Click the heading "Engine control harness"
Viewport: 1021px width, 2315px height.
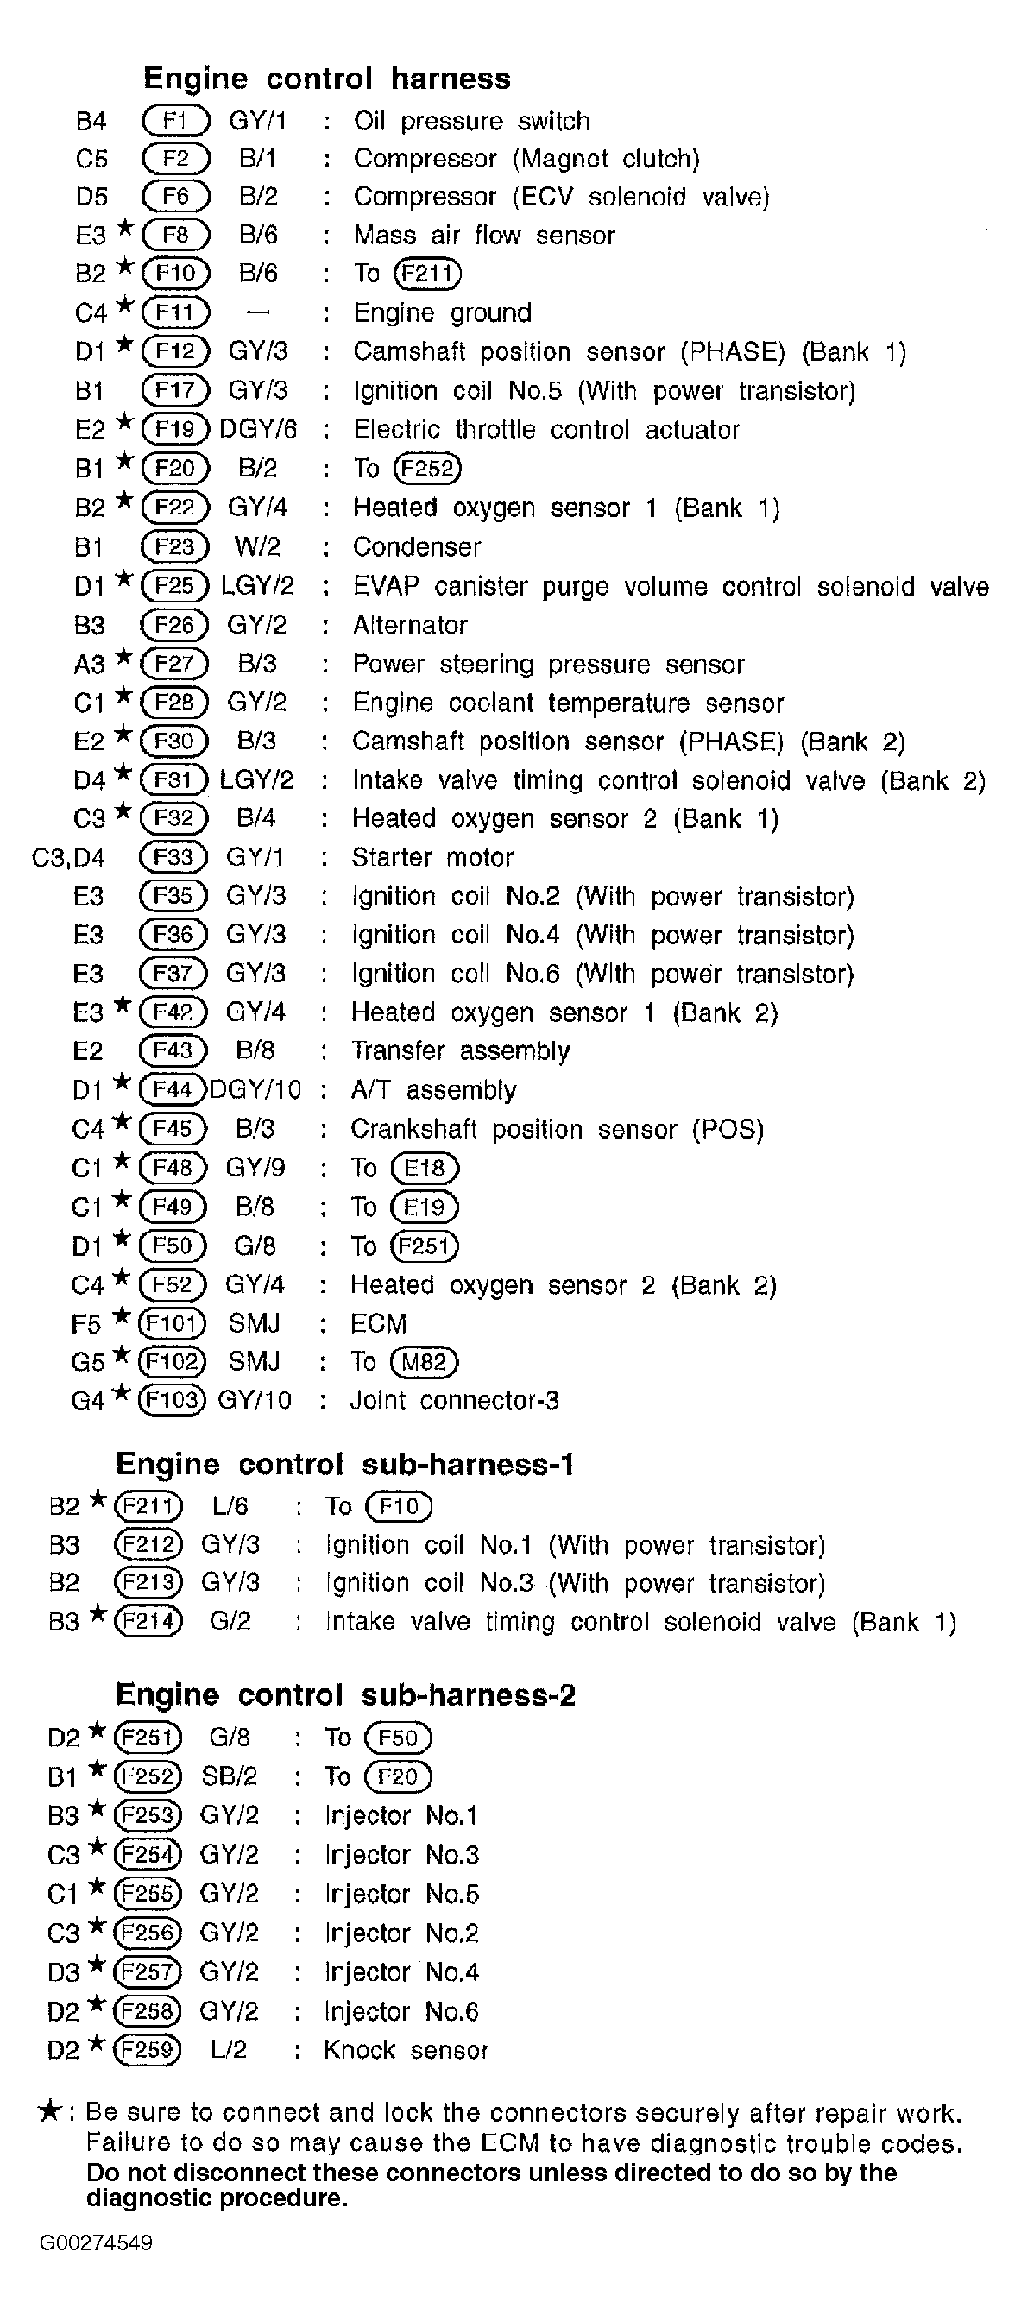(326, 79)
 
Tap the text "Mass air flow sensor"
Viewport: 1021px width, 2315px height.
(483, 236)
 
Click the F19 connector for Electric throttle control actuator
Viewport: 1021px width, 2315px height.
(175, 429)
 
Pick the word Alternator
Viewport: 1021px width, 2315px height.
(410, 625)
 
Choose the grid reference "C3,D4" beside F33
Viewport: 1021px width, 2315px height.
(68, 857)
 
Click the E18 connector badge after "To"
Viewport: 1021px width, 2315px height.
(425, 1167)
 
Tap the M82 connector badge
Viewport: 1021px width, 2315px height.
(425, 1361)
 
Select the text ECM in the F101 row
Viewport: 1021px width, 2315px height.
(378, 1323)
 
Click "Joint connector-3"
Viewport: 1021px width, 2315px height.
(454, 1400)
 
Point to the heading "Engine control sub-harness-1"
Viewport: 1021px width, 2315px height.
(345, 1464)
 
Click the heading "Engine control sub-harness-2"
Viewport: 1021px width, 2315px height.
(345, 1694)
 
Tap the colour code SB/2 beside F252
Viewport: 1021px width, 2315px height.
(230, 1776)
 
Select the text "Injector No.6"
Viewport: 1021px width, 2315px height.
(400, 2010)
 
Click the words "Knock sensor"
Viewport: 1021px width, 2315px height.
(407, 2049)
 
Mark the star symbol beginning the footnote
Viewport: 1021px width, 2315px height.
(49, 2111)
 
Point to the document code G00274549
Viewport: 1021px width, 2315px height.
(95, 2242)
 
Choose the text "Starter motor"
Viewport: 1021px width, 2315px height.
(432, 857)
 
